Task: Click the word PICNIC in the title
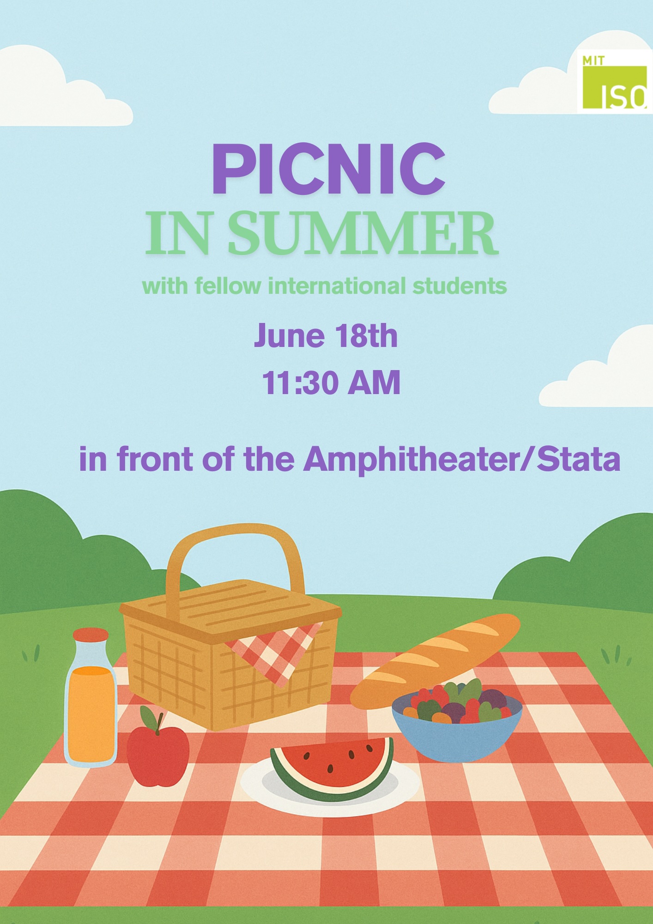point(328,169)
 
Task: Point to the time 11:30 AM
point(331,383)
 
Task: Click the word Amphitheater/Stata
point(462,460)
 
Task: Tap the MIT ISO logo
point(615,81)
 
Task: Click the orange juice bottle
point(91,698)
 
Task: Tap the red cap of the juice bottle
point(91,634)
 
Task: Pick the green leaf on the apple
point(149,717)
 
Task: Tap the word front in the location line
point(155,460)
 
